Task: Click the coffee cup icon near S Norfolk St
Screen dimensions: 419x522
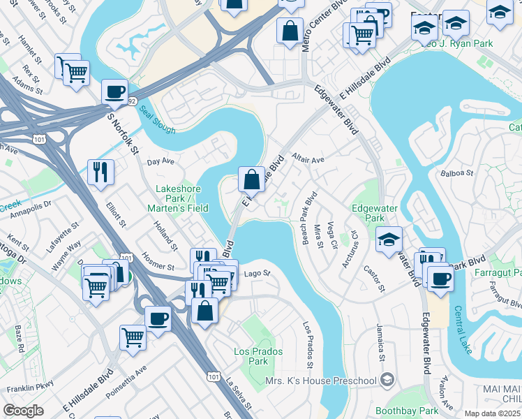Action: (114, 91)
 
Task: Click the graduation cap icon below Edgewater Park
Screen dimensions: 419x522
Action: (389, 240)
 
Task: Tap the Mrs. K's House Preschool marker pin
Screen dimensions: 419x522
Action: (387, 381)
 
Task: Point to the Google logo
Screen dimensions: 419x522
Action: (23, 411)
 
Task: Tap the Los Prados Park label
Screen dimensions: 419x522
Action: (251, 356)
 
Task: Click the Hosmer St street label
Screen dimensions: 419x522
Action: (157, 261)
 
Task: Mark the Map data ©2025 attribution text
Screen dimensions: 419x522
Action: (493, 413)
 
